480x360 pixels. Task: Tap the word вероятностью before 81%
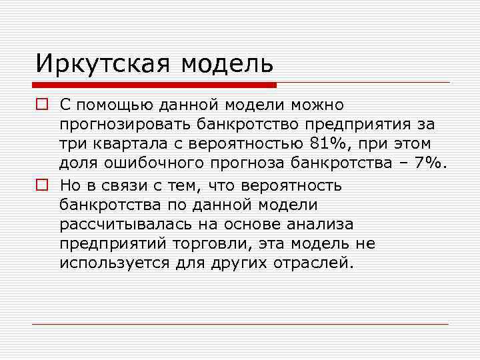pyautogui.click(x=246, y=144)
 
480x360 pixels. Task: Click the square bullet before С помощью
pyautogui.click(x=42, y=105)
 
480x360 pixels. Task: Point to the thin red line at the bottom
pyautogui.click(x=240, y=324)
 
